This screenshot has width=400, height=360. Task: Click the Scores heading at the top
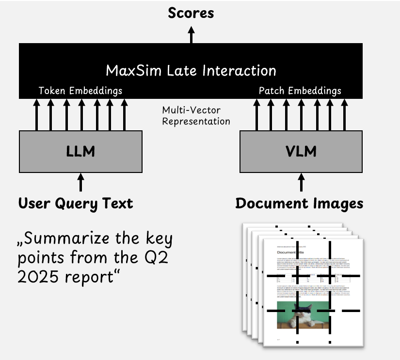point(191,13)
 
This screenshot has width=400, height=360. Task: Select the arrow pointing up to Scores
point(191,34)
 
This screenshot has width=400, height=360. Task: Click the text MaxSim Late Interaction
point(191,70)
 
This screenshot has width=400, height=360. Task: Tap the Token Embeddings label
point(80,91)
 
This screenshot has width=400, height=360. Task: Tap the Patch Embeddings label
point(300,91)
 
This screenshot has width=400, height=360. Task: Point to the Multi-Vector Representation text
point(196,116)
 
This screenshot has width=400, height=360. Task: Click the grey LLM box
point(80,151)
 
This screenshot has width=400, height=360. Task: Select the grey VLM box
point(301,151)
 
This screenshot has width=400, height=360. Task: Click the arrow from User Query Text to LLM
point(80,183)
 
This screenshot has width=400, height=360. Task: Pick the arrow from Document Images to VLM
point(301,183)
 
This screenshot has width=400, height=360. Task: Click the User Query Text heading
point(75,203)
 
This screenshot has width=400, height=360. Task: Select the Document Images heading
point(299,203)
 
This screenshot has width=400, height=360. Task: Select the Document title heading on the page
point(296,252)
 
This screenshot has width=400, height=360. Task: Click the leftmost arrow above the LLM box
point(37,114)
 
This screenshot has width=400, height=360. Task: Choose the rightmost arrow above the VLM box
point(344,114)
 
